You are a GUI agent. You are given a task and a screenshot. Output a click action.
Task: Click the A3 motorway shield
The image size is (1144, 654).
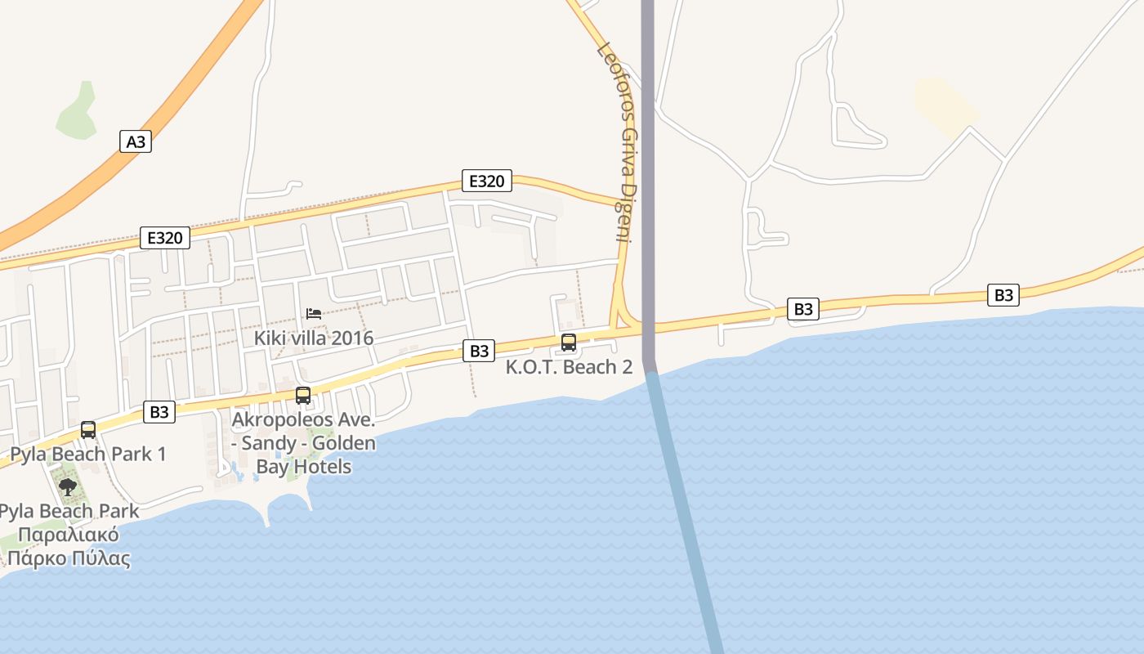click(x=136, y=141)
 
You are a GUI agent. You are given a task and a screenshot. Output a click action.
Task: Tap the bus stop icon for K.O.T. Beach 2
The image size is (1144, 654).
click(x=569, y=343)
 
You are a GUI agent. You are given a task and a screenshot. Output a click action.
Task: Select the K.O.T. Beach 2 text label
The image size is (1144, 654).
click(x=569, y=367)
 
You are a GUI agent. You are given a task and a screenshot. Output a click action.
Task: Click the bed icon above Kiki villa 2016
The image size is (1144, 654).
click(x=313, y=314)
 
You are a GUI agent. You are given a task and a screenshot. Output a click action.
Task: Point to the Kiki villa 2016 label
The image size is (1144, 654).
click(x=314, y=338)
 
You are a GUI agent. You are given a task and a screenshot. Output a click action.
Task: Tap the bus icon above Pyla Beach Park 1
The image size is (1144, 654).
click(x=88, y=430)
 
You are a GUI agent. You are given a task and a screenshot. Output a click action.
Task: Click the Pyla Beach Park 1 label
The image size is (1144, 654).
click(x=88, y=454)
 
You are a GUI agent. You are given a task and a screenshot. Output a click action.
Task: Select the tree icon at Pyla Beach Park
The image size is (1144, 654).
click(x=68, y=488)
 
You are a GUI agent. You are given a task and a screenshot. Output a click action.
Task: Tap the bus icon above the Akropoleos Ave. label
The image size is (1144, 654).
click(x=303, y=396)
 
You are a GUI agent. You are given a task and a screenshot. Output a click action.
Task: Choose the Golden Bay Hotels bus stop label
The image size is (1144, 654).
click(x=304, y=444)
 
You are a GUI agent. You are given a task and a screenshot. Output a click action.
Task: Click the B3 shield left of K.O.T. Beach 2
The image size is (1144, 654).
click(x=480, y=351)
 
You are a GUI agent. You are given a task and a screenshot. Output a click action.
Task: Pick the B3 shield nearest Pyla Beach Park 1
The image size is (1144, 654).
click(x=159, y=412)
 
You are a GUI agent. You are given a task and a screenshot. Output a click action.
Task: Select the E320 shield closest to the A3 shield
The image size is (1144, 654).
click(x=165, y=238)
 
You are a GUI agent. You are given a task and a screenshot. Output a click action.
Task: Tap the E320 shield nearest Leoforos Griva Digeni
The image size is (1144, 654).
click(x=487, y=181)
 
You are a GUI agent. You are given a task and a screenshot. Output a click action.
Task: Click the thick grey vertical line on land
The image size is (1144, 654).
click(x=648, y=163)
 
